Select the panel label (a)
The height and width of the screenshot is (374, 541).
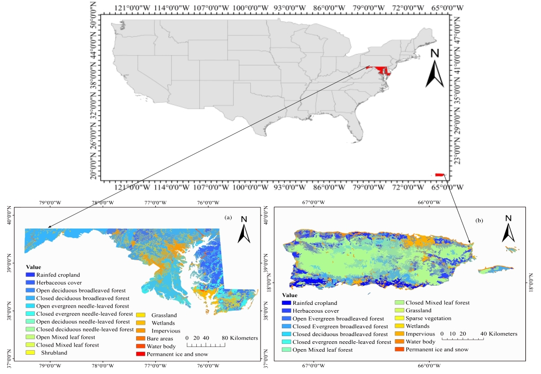point(227,218)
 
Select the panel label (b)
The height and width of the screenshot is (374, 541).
point(478,220)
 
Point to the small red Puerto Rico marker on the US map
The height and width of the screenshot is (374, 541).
point(439,175)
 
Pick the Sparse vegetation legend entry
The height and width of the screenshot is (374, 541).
point(428,318)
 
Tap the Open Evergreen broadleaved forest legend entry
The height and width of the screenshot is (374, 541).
point(338,318)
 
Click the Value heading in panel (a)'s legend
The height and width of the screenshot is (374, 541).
point(33,266)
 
